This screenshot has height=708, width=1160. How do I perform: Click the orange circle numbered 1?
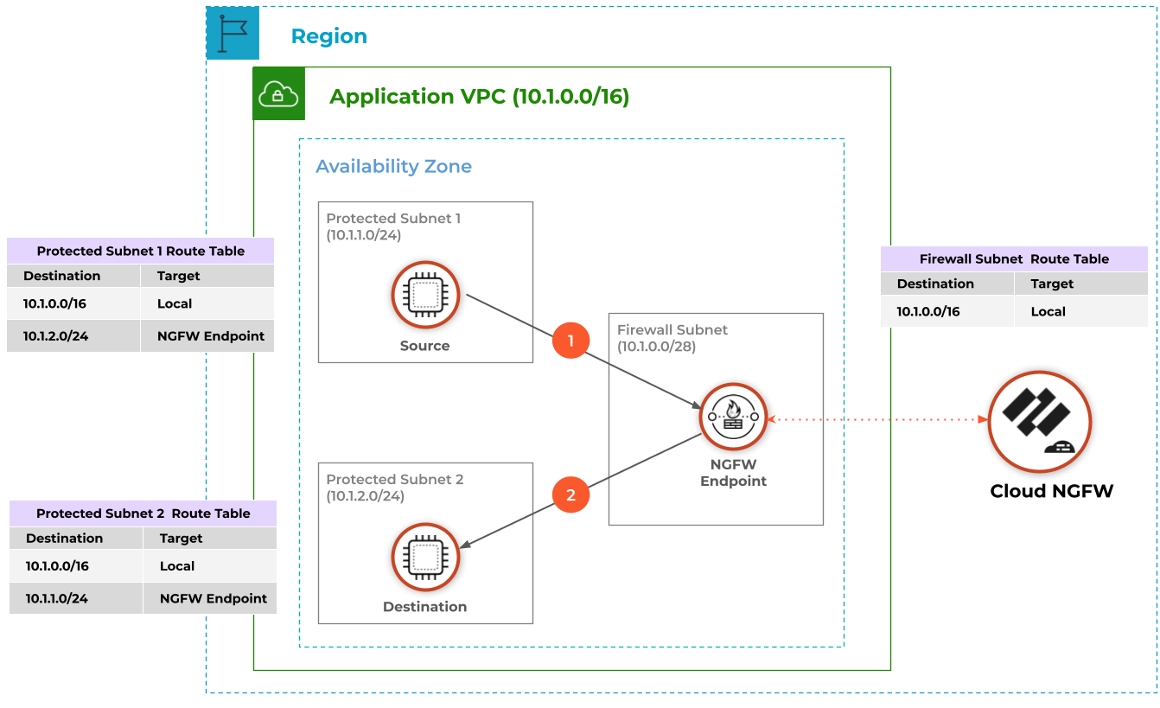coord(570,340)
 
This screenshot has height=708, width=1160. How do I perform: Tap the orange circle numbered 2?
coord(570,495)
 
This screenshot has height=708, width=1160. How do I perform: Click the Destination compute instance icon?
coord(424,557)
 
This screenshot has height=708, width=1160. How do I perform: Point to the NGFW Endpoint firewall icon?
coord(733,418)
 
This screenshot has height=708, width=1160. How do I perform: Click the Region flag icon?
coord(233,34)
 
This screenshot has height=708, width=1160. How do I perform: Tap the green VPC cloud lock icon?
coord(279,94)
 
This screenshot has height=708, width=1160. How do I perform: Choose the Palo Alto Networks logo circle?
coord(1039,422)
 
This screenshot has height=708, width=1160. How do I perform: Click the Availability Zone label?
coord(393,166)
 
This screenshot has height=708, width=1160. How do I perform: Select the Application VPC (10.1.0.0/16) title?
coord(479,97)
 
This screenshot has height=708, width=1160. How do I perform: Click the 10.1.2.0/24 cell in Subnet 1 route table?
coord(56,335)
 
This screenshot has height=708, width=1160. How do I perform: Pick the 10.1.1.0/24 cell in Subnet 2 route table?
coord(57,598)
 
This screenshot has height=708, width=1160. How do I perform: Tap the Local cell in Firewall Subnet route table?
coord(1048,311)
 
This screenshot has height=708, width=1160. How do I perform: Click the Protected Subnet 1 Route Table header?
coord(141,252)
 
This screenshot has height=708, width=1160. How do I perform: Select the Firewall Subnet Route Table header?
coord(1014,258)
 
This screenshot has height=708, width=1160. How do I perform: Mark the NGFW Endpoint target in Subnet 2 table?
coord(214,598)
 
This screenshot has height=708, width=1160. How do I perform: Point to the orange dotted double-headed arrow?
coord(877,419)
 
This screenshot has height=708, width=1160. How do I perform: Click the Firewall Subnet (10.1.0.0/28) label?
coord(672,338)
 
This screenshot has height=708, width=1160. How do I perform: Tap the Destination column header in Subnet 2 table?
coord(65,538)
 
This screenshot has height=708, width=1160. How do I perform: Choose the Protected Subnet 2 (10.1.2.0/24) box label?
coord(394,488)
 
